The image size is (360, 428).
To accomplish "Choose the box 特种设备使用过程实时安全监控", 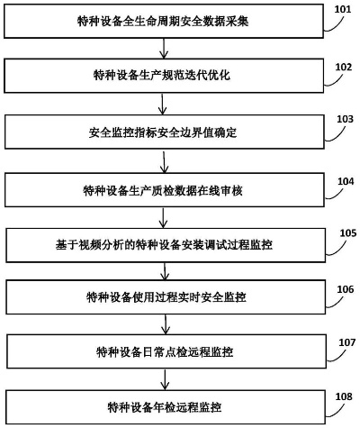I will click(162, 296).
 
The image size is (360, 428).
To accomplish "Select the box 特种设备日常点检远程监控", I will click(162, 351).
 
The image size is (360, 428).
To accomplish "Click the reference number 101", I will click(343, 11).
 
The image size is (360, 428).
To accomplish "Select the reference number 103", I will click(343, 119).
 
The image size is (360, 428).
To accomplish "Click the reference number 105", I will click(343, 232).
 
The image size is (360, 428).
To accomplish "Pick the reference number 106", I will click(343, 289).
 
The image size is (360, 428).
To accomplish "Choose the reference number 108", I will click(343, 396).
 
